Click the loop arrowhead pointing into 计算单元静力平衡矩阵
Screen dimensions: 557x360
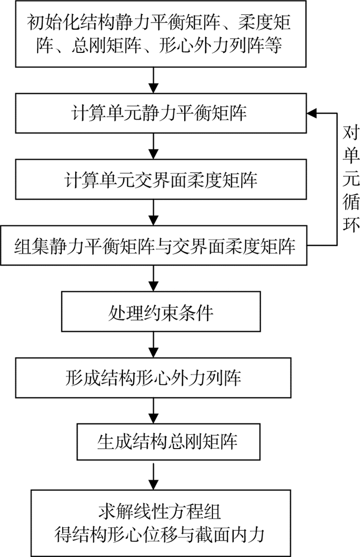click(x=312, y=113)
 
